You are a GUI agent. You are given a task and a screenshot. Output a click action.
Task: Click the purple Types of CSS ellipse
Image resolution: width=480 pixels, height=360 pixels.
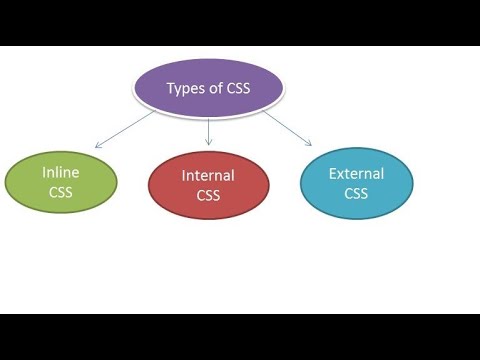tap(209, 88)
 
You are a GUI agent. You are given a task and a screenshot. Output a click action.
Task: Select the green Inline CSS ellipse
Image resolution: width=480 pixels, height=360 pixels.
tap(61, 183)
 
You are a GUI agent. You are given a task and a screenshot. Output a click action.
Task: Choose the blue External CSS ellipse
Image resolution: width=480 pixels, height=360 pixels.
tap(357, 183)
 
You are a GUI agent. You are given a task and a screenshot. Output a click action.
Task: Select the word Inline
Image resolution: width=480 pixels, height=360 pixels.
tap(61, 173)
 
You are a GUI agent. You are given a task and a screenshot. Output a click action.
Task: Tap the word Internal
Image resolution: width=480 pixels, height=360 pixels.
tap(208, 176)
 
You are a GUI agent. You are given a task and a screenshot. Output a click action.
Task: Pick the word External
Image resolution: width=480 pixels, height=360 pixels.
tap(357, 174)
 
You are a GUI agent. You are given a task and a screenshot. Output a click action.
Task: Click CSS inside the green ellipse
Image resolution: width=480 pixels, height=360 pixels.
tap(61, 193)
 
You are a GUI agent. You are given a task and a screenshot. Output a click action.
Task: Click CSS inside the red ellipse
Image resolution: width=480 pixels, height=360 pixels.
tap(208, 196)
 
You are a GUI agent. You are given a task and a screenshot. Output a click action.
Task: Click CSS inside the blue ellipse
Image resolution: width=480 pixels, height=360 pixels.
tap(357, 193)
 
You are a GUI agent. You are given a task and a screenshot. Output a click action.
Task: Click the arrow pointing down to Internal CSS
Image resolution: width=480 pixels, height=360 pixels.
tap(208, 132)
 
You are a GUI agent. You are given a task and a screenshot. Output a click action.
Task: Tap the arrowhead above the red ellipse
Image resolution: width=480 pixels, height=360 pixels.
tap(208, 145)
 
